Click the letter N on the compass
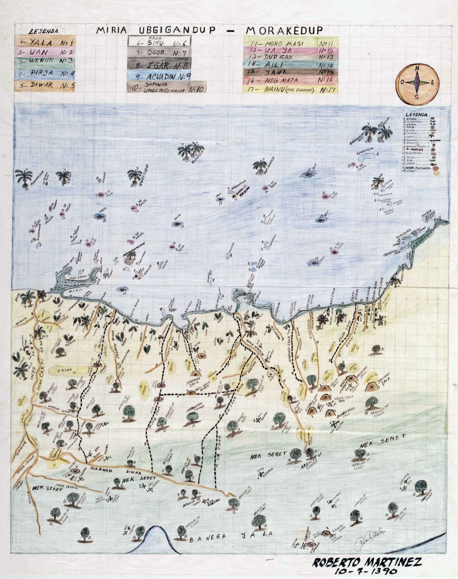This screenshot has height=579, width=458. (x=417, y=69)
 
